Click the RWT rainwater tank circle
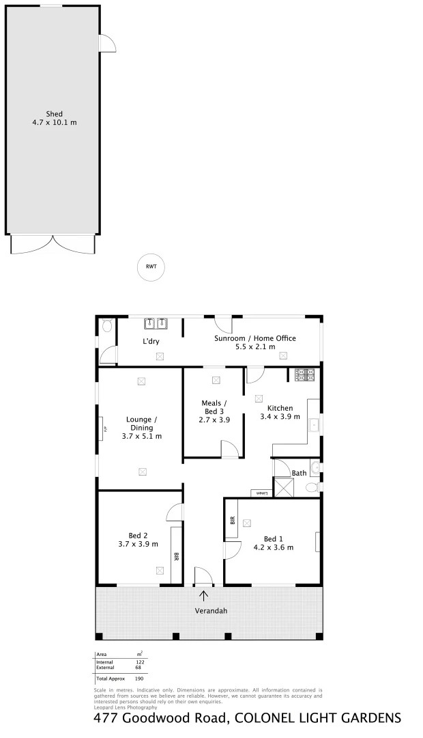[x=151, y=266]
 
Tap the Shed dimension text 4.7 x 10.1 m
[x=55, y=123]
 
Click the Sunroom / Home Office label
[x=254, y=338]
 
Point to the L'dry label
[x=151, y=341]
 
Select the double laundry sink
[x=156, y=323]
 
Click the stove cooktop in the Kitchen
[x=304, y=374]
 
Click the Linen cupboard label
[x=260, y=492]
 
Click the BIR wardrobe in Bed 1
[x=232, y=519]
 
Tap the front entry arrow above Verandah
[x=204, y=596]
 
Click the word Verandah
[x=211, y=610]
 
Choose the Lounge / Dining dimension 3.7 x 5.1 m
[x=142, y=436]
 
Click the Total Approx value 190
[x=139, y=679]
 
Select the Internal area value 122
[x=141, y=662]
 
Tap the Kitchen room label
[x=280, y=408]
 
